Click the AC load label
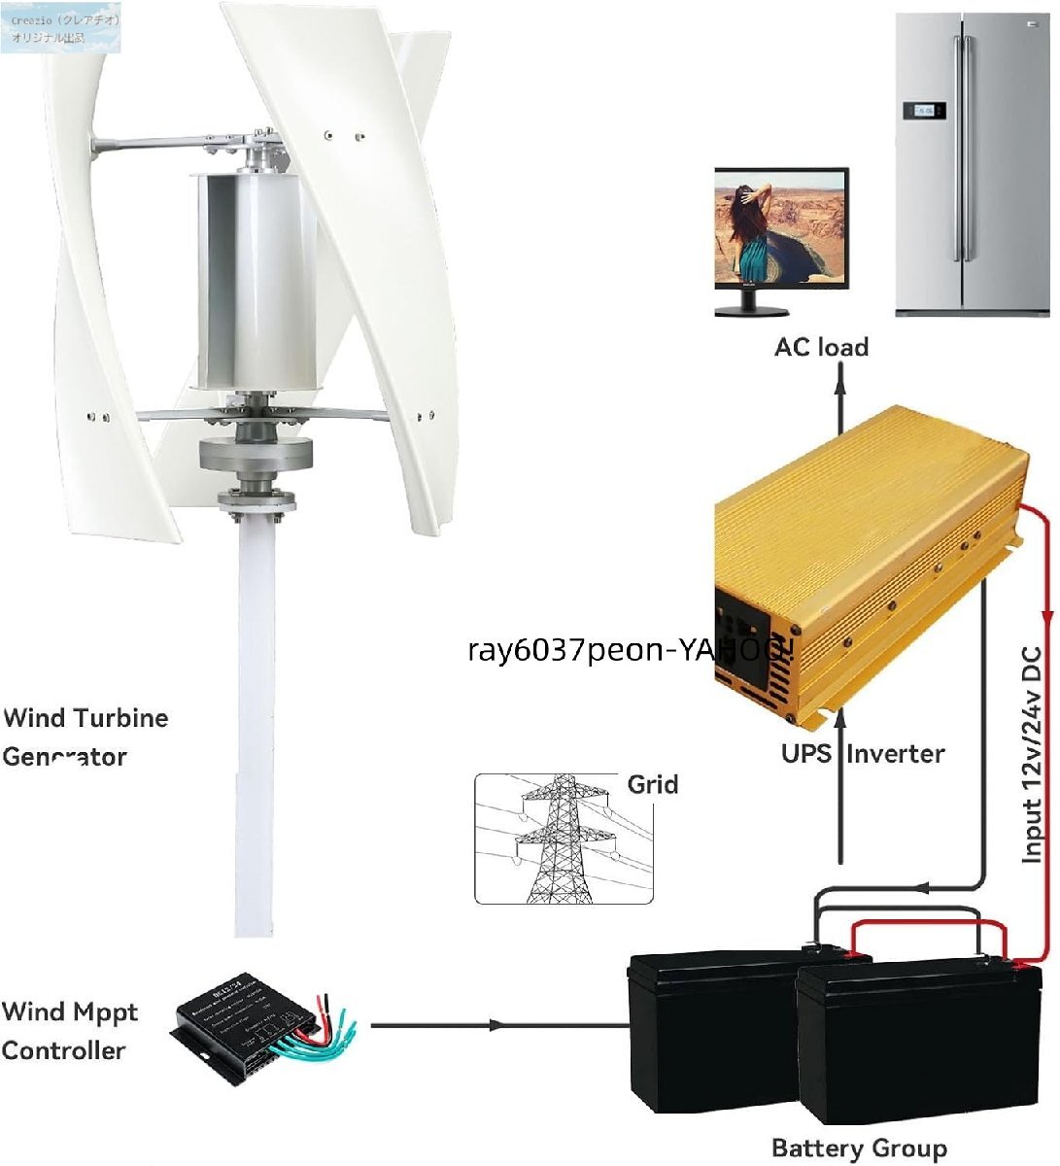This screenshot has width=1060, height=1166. pyautogui.click(x=821, y=347)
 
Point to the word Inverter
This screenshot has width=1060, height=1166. pyautogui.click(x=895, y=753)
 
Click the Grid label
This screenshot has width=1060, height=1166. pyautogui.click(x=652, y=784)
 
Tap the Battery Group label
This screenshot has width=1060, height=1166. pyautogui.click(x=858, y=1148)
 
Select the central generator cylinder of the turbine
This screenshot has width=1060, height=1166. pyautogui.click(x=256, y=282)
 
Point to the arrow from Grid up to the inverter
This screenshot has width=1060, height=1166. pyautogui.click(x=840, y=787)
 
